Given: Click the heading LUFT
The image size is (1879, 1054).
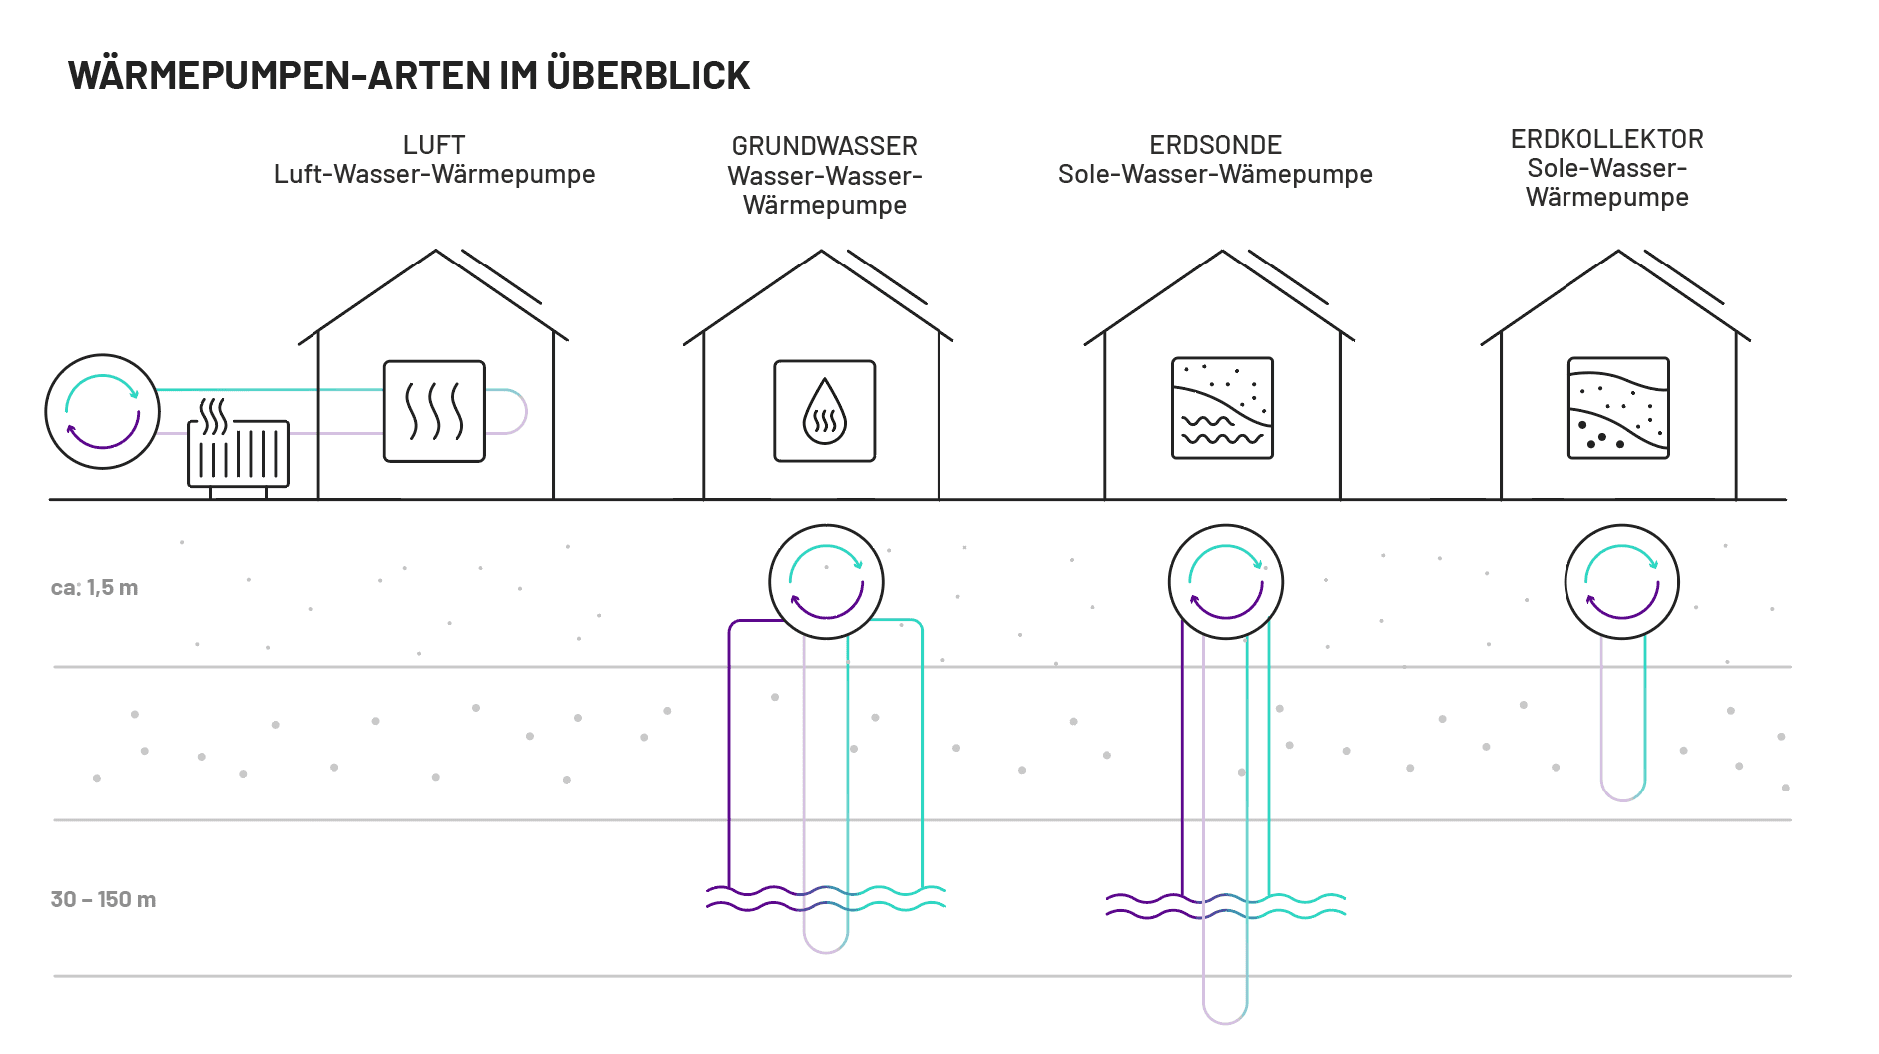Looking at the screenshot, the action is pyautogui.click(x=434, y=145).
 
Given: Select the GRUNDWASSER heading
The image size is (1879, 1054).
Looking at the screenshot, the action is pyautogui.click(x=825, y=146).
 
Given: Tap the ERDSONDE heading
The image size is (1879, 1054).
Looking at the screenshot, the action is pyautogui.click(x=1215, y=145).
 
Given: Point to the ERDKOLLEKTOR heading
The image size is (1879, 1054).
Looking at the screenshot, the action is pyautogui.click(x=1606, y=139).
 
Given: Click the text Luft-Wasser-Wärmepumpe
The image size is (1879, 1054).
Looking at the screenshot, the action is pyautogui.click(x=434, y=174).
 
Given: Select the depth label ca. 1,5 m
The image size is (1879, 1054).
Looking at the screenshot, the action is pyautogui.click(x=95, y=588).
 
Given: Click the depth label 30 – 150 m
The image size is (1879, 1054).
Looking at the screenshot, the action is pyautogui.click(x=104, y=899).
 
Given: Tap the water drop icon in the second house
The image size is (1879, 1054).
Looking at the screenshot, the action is pyautogui.click(x=825, y=411).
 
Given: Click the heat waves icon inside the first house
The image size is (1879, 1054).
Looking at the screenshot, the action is pyautogui.click(x=434, y=411).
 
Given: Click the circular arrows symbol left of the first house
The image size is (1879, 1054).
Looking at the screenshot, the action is pyautogui.click(x=103, y=411).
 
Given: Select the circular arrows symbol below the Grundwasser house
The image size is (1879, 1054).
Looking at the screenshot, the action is pyautogui.click(x=826, y=582).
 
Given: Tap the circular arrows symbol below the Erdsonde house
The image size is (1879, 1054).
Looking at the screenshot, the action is pyautogui.click(x=1226, y=582).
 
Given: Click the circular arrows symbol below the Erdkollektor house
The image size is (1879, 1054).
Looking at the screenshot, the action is pyautogui.click(x=1622, y=582).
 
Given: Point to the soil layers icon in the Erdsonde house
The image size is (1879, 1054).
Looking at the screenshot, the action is pyautogui.click(x=1222, y=408).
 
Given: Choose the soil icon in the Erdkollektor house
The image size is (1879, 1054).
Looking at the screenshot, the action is pyautogui.click(x=1618, y=408).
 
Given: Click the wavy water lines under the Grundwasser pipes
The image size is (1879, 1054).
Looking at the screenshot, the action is pyautogui.click(x=826, y=898).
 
